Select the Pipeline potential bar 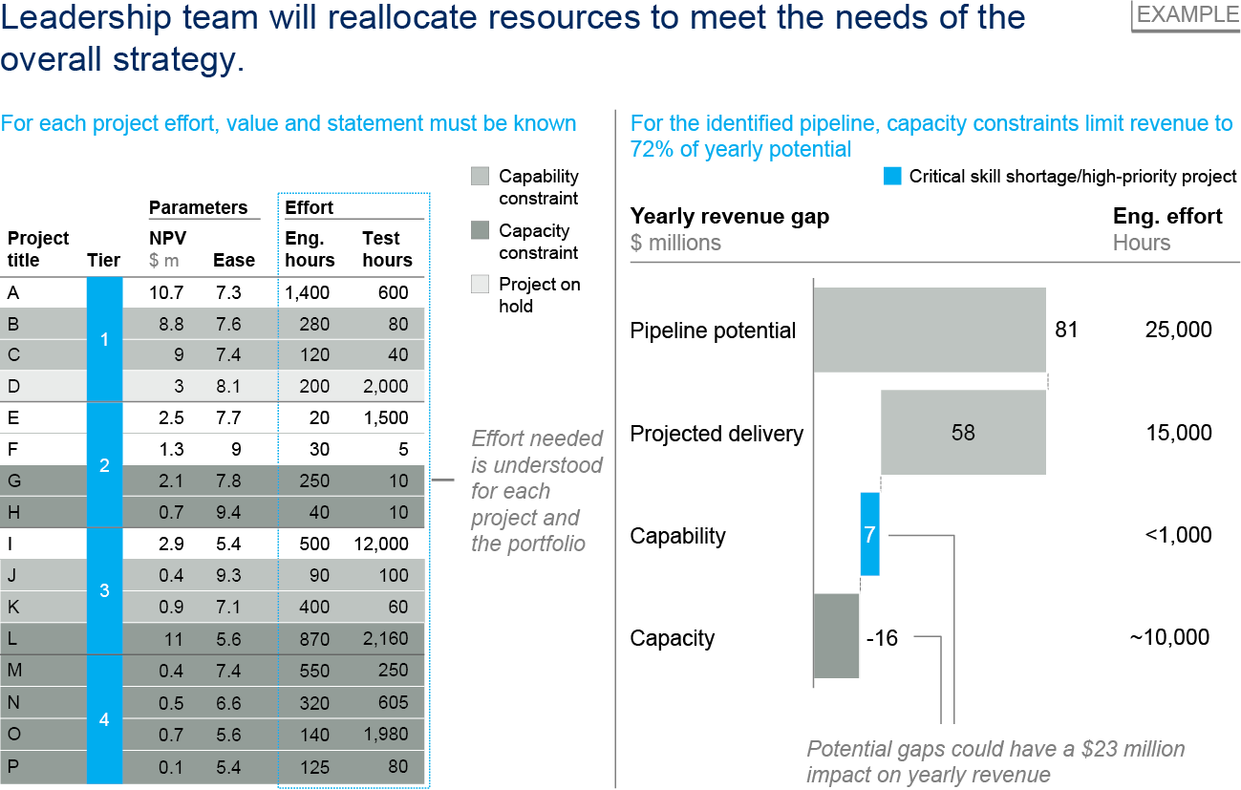pyautogui.click(x=929, y=330)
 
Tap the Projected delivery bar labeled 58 pyautogui.click(x=963, y=433)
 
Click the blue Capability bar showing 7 pyautogui.click(x=869, y=534)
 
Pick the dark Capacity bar pyautogui.click(x=836, y=636)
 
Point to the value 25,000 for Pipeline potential pyautogui.click(x=1178, y=331)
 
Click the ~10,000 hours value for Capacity pyautogui.click(x=1169, y=637)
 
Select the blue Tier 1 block pyautogui.click(x=104, y=339)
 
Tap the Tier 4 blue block pyautogui.click(x=104, y=718)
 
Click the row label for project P pyautogui.click(x=13, y=765)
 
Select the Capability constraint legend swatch pyautogui.click(x=481, y=176)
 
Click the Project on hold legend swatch pyautogui.click(x=481, y=284)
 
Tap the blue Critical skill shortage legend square pyautogui.click(x=892, y=176)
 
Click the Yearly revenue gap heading pyautogui.click(x=730, y=217)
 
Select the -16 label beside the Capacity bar pyautogui.click(x=882, y=637)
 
